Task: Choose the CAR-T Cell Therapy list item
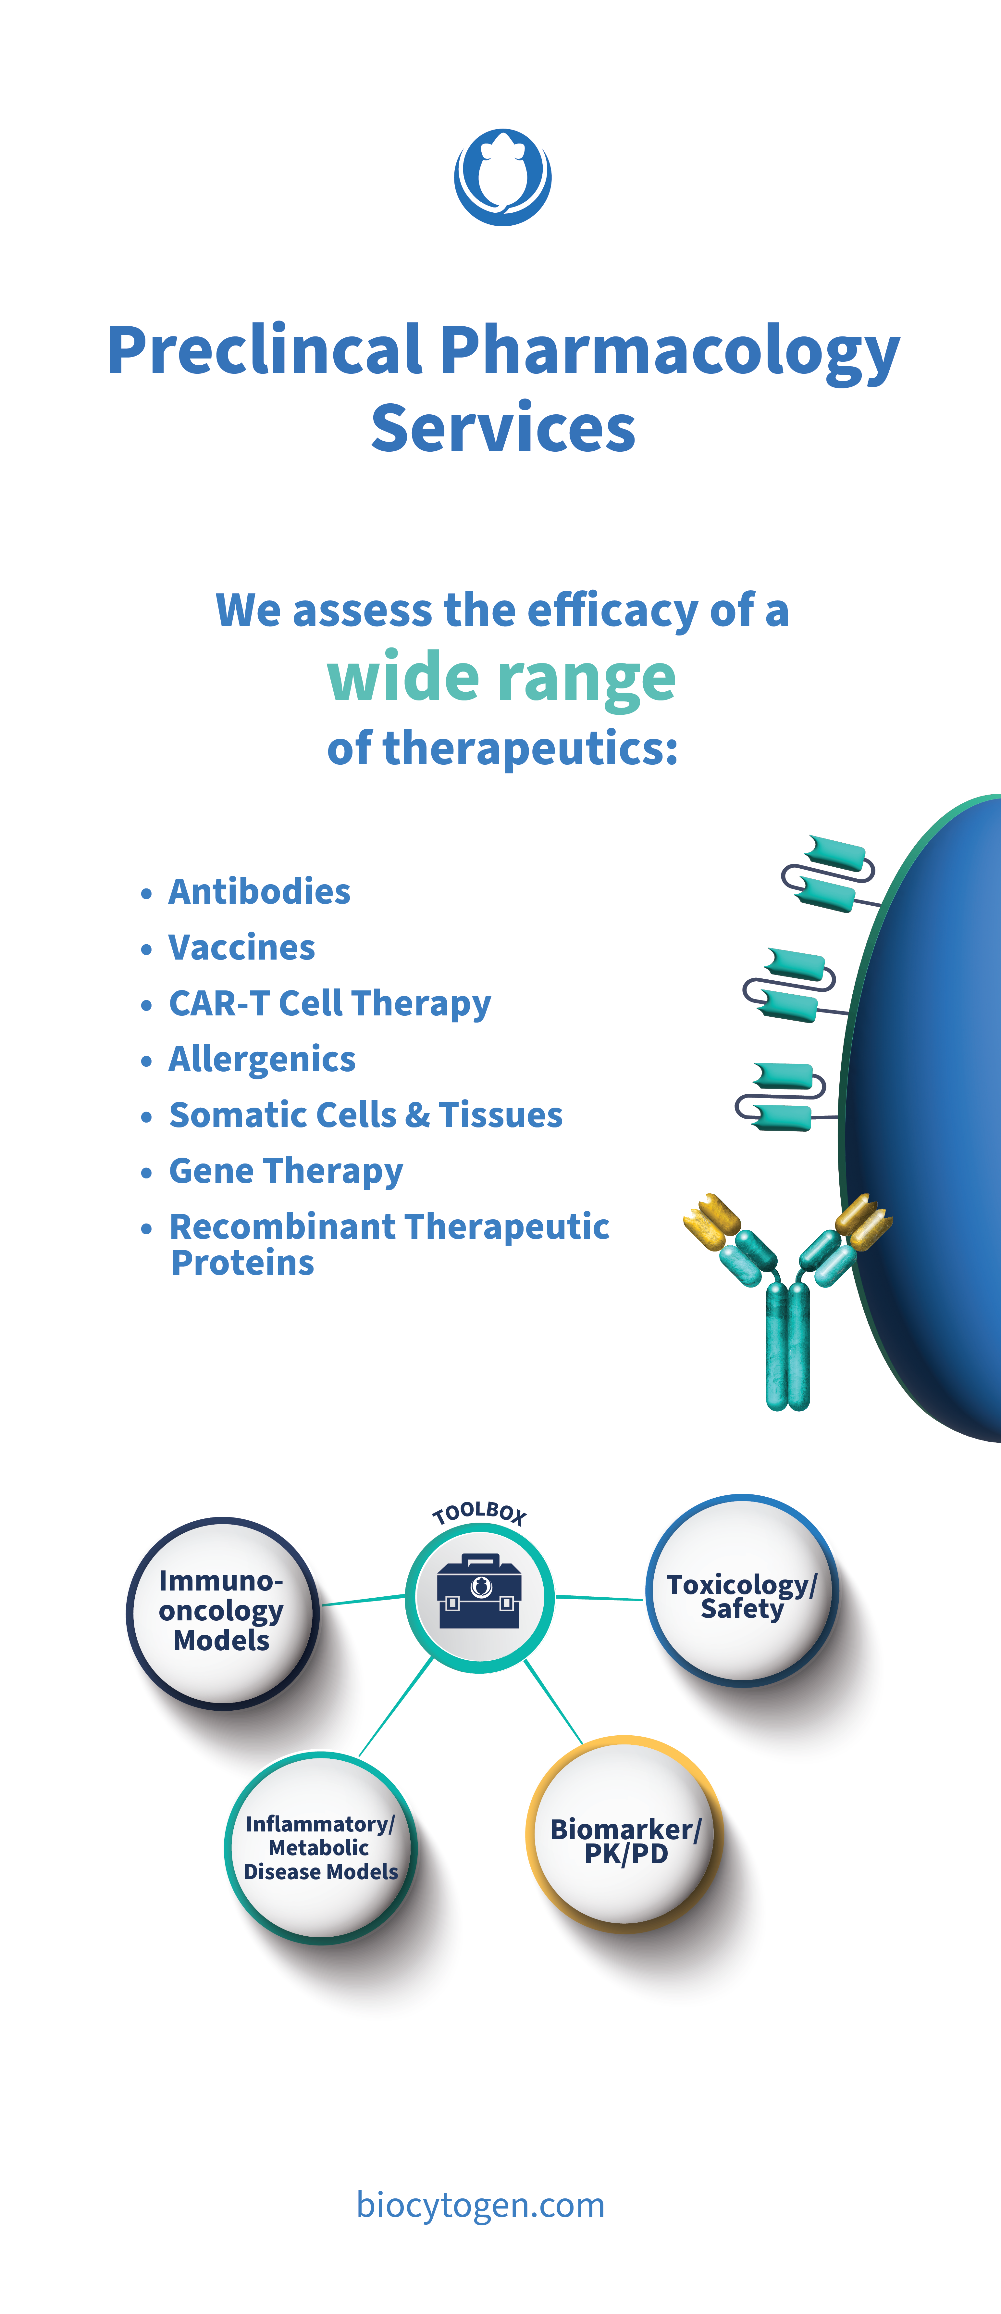pyautogui.click(x=329, y=1003)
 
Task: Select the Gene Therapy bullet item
pyautogui.click(x=286, y=1171)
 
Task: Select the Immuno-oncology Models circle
pyautogui.click(x=222, y=1613)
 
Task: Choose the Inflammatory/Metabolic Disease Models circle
pyautogui.click(x=320, y=1848)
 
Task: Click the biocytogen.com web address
pyautogui.click(x=480, y=2205)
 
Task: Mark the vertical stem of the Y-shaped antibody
pyautogui.click(x=787, y=1347)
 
